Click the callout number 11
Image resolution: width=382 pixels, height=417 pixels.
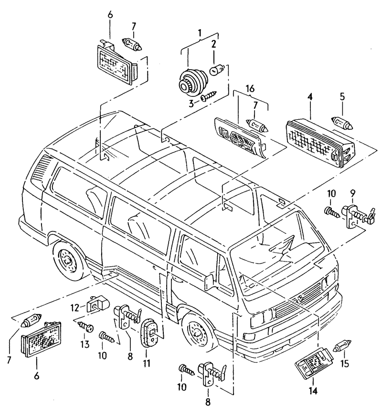coord(146,364)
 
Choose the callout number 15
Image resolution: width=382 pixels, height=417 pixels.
coord(345,364)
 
